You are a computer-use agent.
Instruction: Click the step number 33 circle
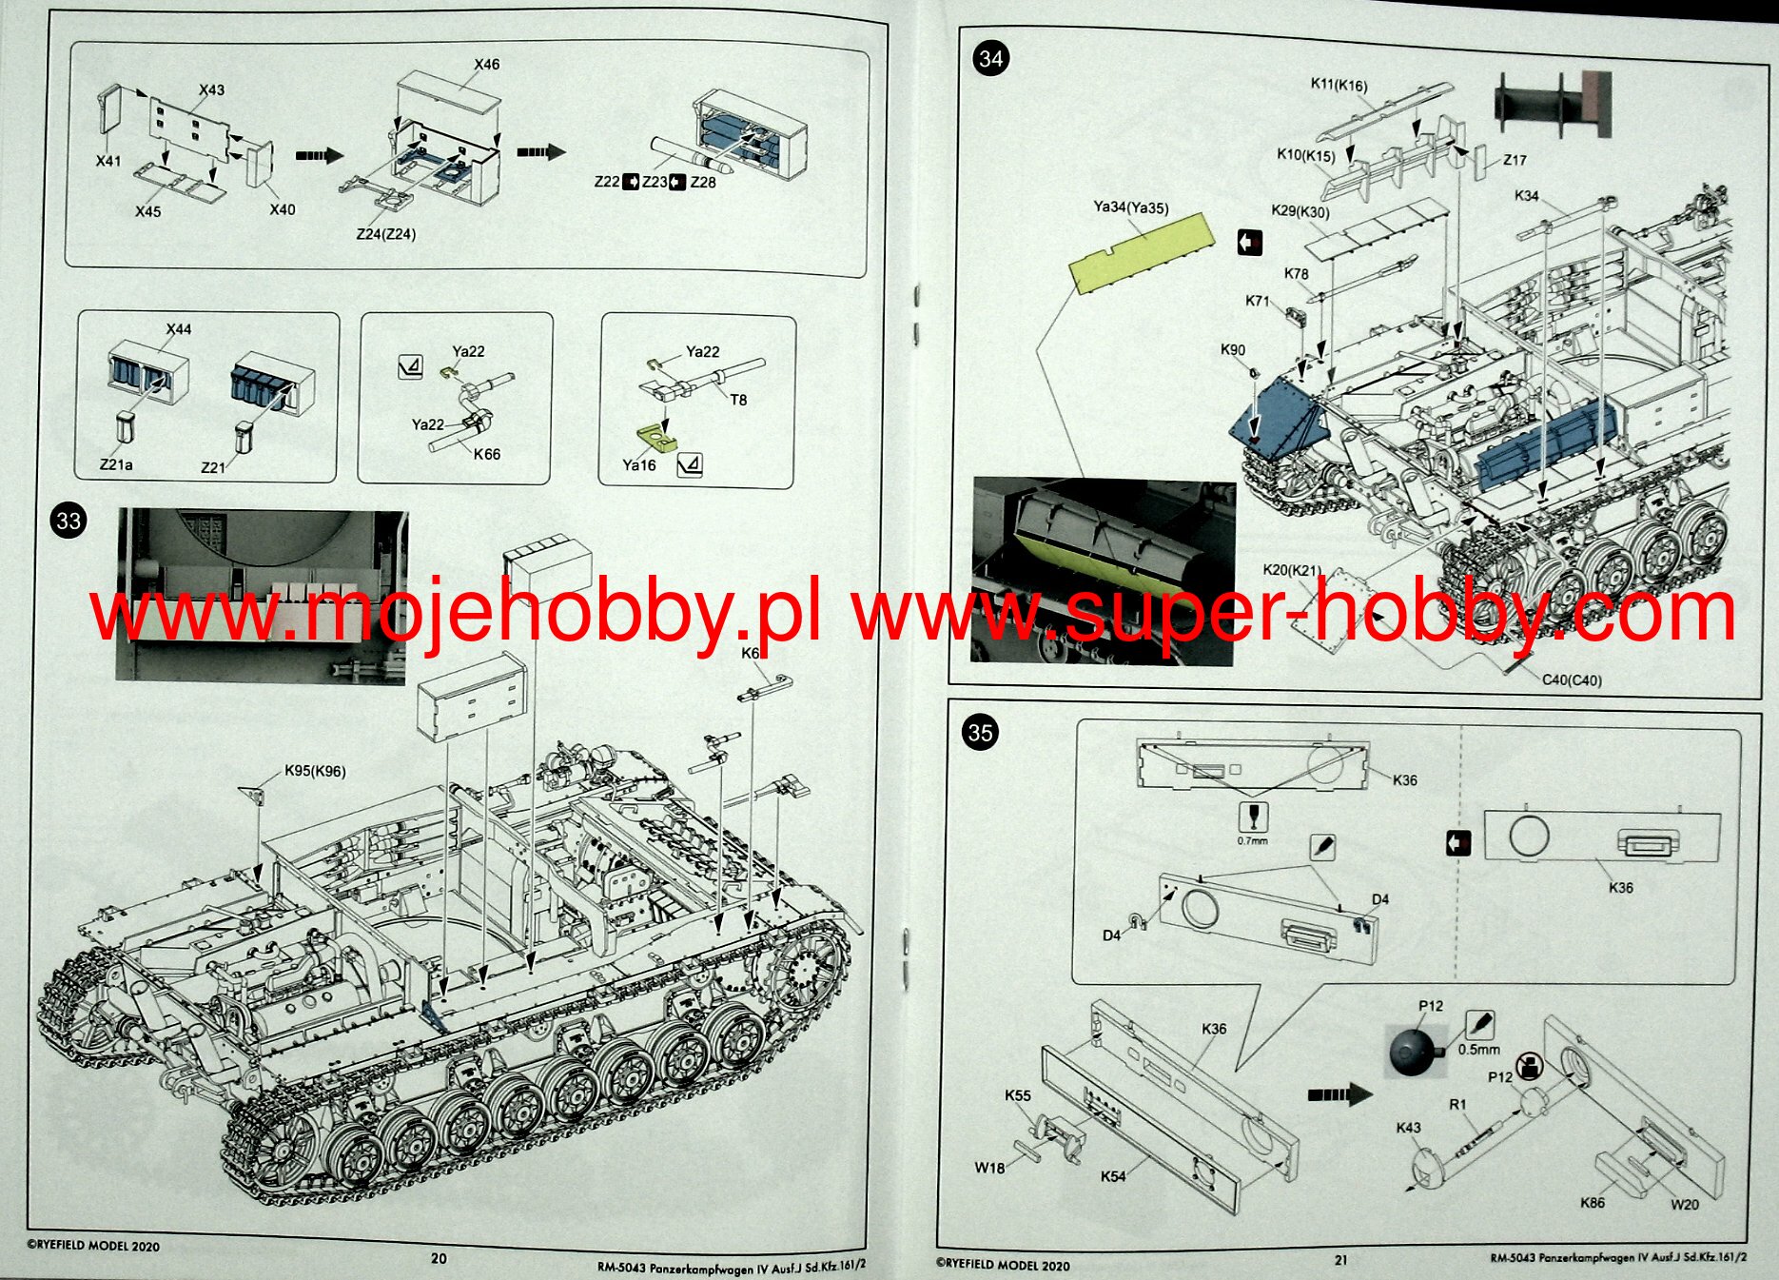[68, 521]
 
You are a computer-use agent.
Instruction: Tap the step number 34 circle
[991, 59]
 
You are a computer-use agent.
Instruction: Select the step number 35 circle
[980, 733]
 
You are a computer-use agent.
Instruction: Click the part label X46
[486, 65]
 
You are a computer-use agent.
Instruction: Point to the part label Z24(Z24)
[385, 234]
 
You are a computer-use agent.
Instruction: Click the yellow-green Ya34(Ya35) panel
[1142, 251]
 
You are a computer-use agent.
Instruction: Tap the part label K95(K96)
[315, 771]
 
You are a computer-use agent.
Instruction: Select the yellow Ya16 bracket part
[655, 439]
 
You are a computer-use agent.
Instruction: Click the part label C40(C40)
[1572, 680]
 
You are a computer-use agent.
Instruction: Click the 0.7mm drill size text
[1252, 841]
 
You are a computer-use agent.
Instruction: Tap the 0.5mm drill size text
[1478, 1050]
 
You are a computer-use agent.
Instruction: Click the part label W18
[989, 1168]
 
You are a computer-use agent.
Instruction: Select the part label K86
[1592, 1203]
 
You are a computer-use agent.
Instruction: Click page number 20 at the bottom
[439, 1258]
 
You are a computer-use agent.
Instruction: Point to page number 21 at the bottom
[1340, 1260]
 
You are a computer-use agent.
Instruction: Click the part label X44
[179, 329]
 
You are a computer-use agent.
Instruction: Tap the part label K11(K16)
[1339, 85]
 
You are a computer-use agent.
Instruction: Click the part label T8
[738, 401]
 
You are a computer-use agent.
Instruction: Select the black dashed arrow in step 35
[1339, 1094]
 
